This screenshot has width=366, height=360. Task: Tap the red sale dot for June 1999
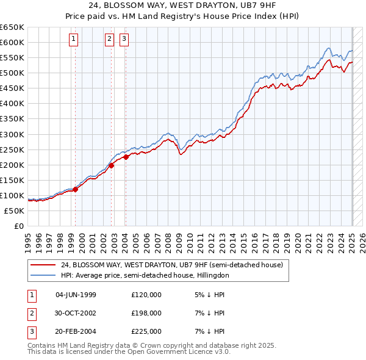[x=76, y=189]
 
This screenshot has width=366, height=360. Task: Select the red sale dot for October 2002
[x=112, y=165]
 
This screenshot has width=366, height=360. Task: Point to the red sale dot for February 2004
[x=126, y=157]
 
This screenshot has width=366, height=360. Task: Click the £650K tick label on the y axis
[x=12, y=27]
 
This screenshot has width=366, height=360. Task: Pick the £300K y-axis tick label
[x=12, y=134]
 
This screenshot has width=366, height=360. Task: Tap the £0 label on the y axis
[x=18, y=226]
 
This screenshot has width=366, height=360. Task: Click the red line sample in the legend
[x=43, y=265]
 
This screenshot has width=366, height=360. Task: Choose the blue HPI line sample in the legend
[x=43, y=275]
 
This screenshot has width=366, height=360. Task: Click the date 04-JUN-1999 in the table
[x=76, y=295]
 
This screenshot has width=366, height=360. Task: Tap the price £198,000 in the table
[x=146, y=313]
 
